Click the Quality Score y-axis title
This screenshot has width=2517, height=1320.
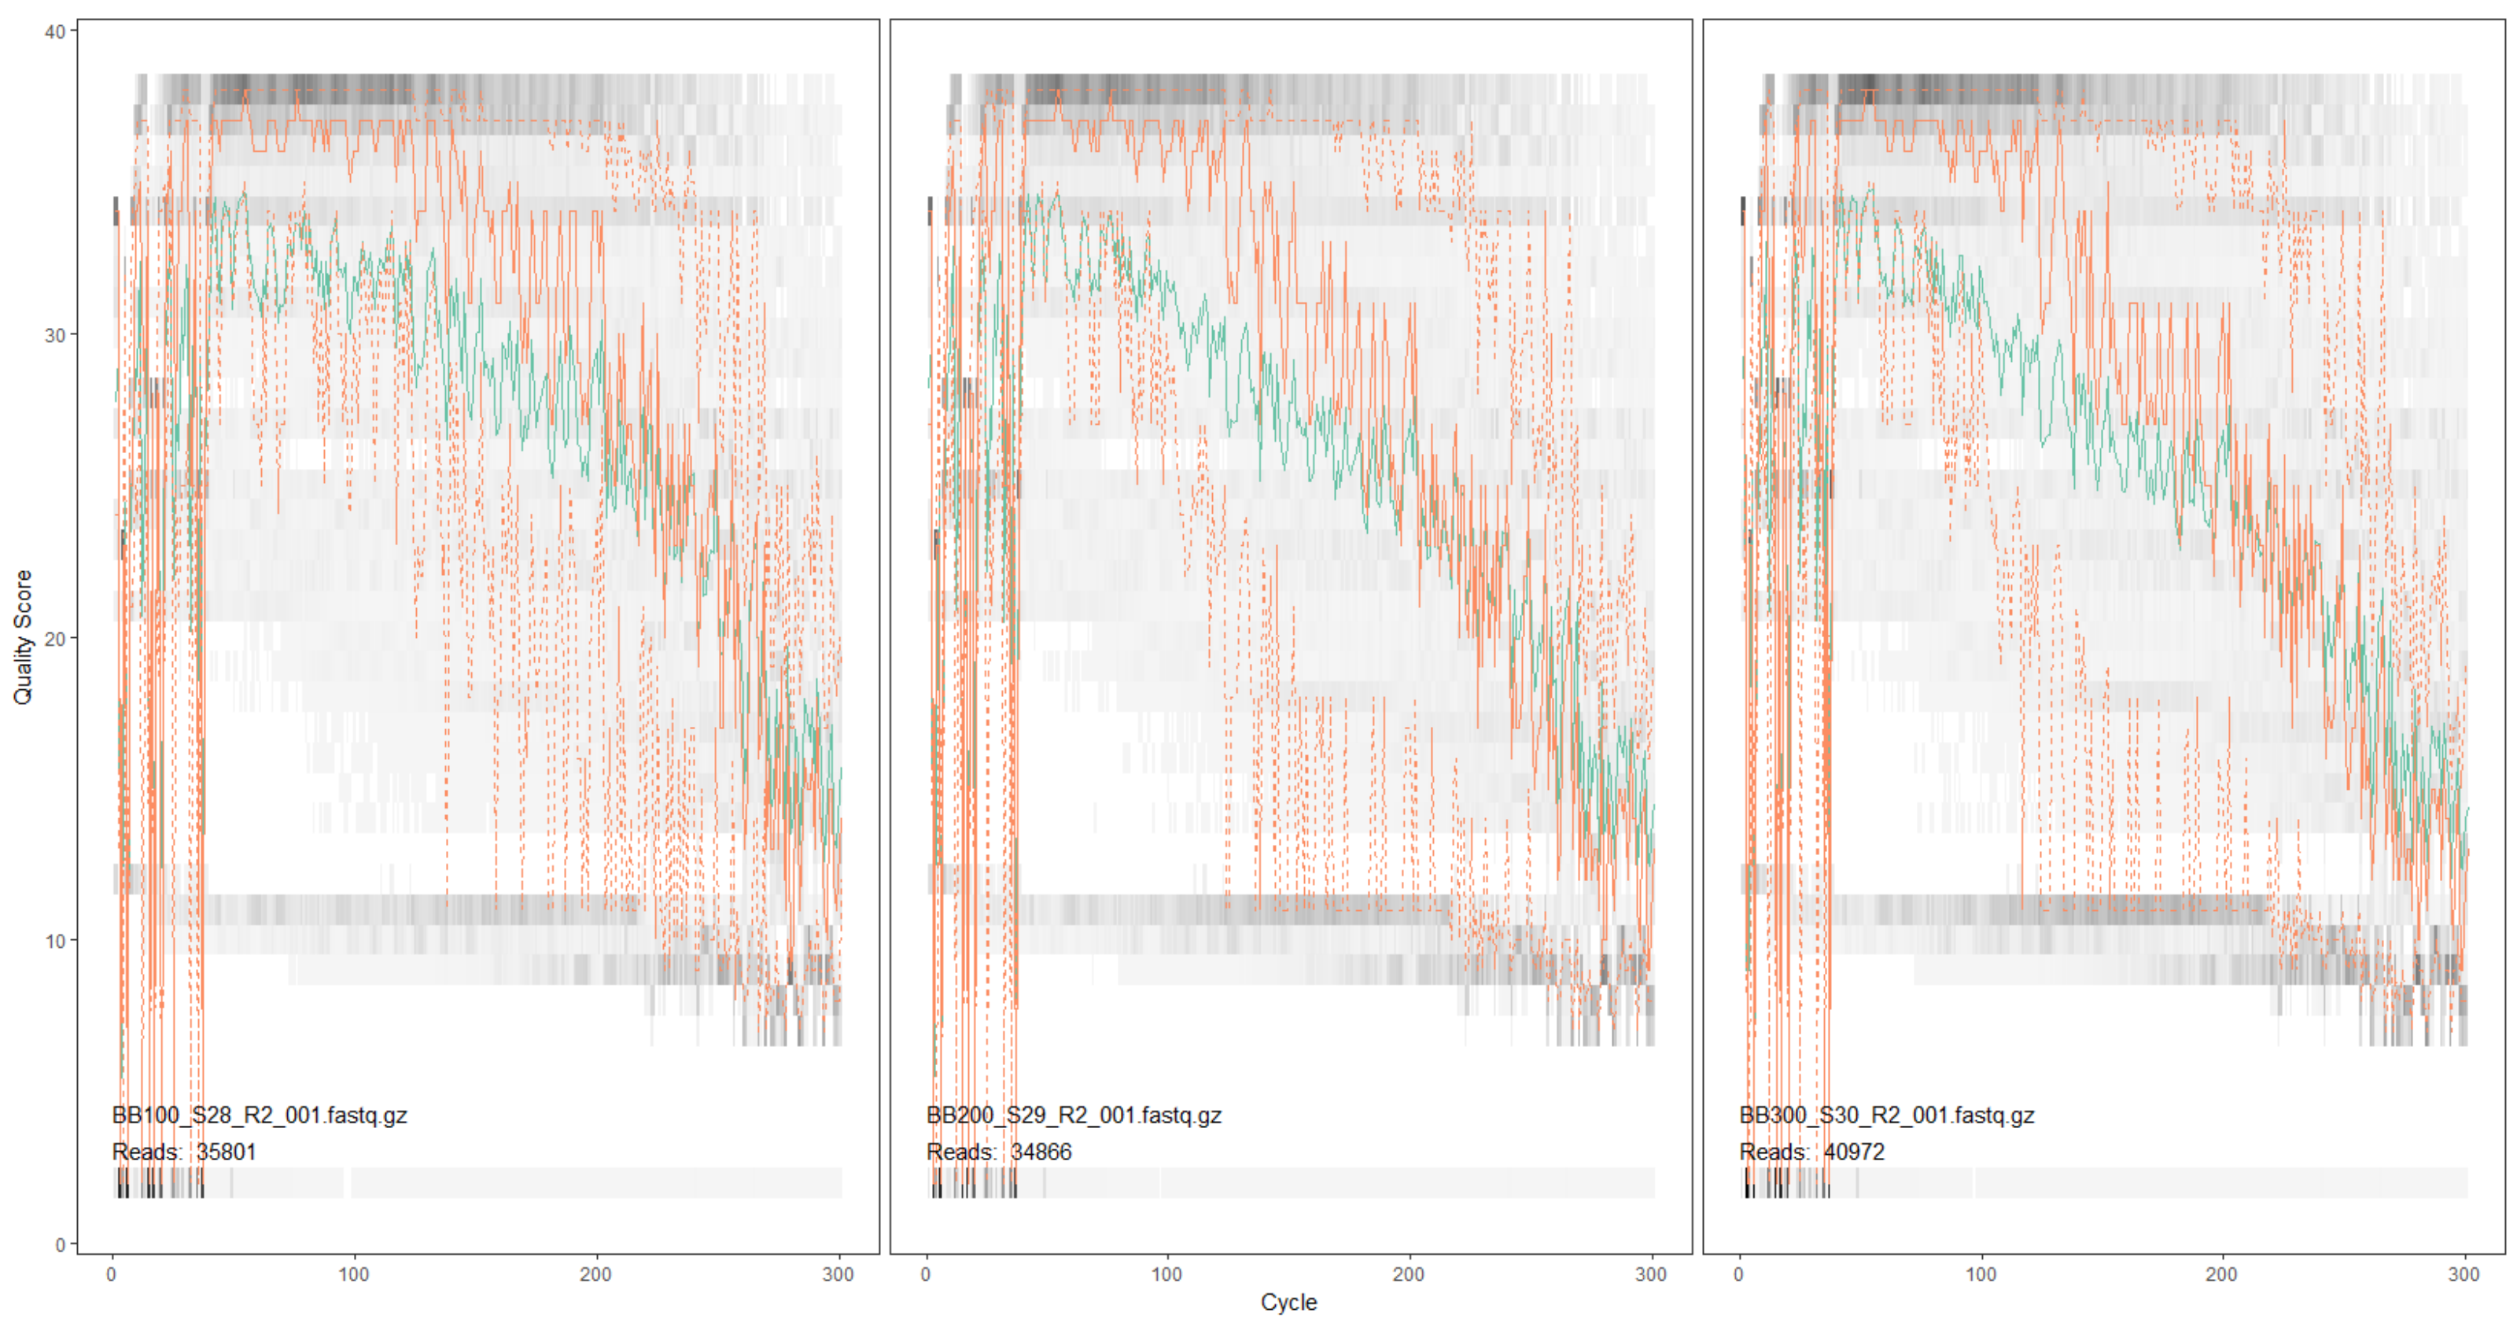tap(21, 637)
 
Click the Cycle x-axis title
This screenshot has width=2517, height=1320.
tap(1288, 1301)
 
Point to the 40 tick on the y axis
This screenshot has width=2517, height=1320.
tap(55, 31)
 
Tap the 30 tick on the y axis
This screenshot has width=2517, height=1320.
tap(55, 335)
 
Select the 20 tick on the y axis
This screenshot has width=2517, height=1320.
tap(55, 638)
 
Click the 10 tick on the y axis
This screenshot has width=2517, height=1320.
tap(55, 941)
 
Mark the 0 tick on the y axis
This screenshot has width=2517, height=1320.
tap(60, 1244)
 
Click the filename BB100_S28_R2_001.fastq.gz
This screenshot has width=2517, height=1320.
tap(260, 1115)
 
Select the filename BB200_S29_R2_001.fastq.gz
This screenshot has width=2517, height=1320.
tap(1074, 1115)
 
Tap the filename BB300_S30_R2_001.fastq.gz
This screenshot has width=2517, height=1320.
tap(1887, 1115)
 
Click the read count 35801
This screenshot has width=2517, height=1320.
tap(226, 1152)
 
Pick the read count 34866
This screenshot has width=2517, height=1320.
tap(1041, 1152)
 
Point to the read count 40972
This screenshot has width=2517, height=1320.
tap(1854, 1152)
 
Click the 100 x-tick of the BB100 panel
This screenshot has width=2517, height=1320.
tap(354, 1274)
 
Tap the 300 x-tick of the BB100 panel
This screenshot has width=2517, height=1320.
tap(838, 1274)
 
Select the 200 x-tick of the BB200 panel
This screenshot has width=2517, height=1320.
tap(1409, 1274)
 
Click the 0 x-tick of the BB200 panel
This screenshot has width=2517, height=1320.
tap(925, 1274)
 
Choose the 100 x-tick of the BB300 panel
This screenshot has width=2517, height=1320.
tap(1981, 1274)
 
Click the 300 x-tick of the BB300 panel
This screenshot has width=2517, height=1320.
tap(2464, 1274)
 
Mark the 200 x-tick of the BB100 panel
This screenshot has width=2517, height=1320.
tap(596, 1274)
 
